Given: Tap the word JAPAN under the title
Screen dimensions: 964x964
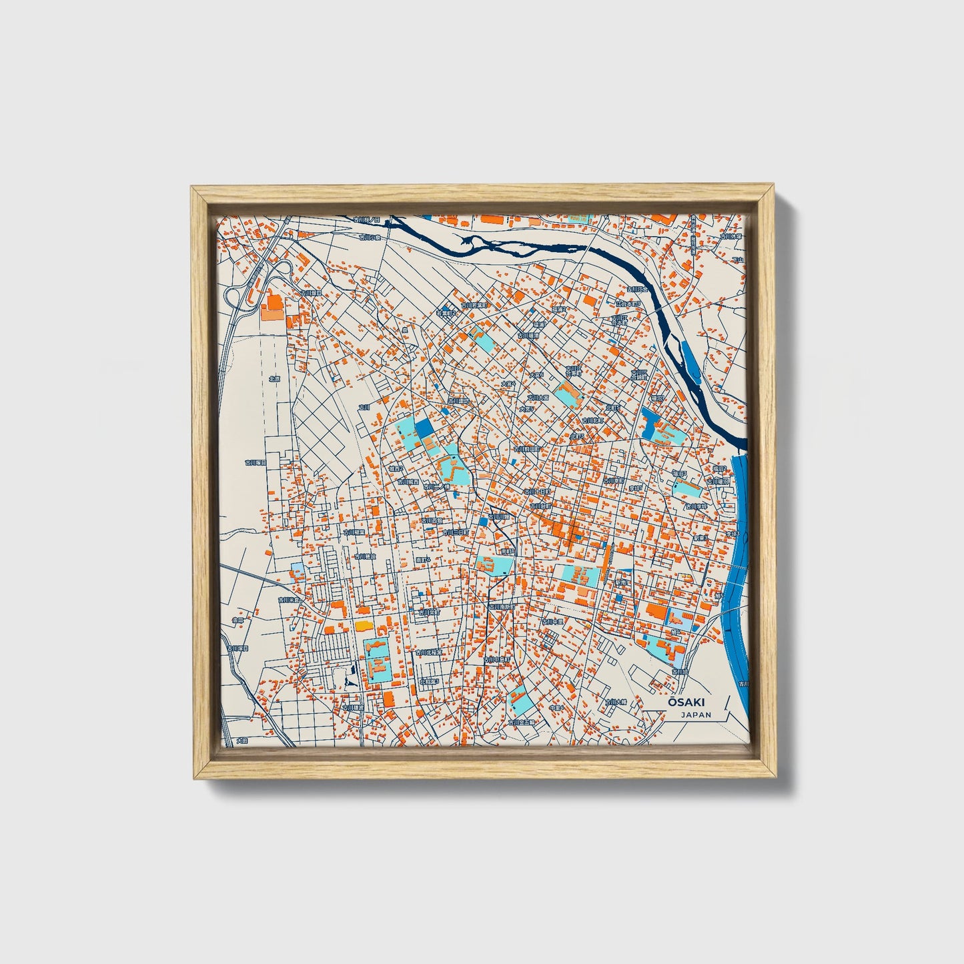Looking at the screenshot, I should (696, 714).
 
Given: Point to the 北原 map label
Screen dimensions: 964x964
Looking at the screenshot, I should (274, 378).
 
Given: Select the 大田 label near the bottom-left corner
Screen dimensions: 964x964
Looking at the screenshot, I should (241, 741).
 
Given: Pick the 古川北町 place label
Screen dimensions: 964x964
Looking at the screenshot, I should (592, 420).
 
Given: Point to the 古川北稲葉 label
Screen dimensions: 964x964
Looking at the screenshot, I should (428, 652).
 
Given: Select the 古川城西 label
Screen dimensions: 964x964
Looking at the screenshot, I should (408, 481).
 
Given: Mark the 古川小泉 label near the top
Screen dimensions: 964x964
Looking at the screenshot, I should (369, 237).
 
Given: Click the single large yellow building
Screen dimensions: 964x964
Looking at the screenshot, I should (363, 625).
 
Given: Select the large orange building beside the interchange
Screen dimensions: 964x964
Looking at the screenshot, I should (272, 307).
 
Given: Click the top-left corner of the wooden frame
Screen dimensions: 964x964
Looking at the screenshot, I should (192, 188).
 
